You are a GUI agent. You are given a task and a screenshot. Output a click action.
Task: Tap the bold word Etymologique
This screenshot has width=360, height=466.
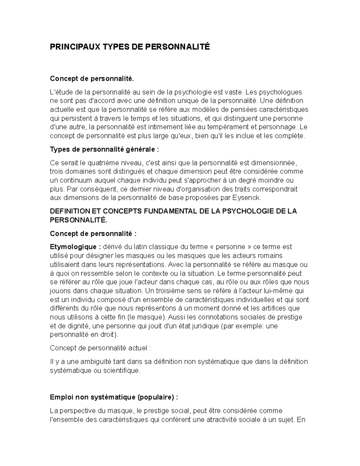pos(73,247)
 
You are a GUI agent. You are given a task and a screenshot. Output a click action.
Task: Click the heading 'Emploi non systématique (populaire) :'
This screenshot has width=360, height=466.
pos(114,397)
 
